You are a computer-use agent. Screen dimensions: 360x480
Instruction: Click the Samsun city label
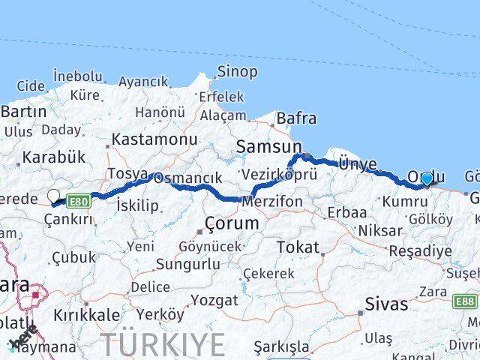click(x=268, y=148)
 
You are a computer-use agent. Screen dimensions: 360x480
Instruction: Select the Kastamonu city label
click(x=155, y=139)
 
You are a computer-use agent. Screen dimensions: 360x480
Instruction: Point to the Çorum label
click(x=232, y=223)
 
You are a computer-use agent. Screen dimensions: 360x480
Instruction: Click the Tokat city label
click(x=298, y=247)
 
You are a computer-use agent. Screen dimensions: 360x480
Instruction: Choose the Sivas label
click(x=386, y=304)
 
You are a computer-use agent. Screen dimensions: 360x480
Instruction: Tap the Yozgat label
click(x=214, y=301)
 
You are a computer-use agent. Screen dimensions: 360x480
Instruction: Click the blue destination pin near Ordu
click(x=427, y=178)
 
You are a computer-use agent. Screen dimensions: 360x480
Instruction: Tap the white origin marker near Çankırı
click(x=54, y=196)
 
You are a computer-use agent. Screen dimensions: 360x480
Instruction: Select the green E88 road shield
click(x=466, y=301)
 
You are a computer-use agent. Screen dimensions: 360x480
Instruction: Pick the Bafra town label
click(x=296, y=118)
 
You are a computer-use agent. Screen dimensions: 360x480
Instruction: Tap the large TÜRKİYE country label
click(x=163, y=344)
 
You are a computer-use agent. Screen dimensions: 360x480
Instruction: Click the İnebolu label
click(x=78, y=76)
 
